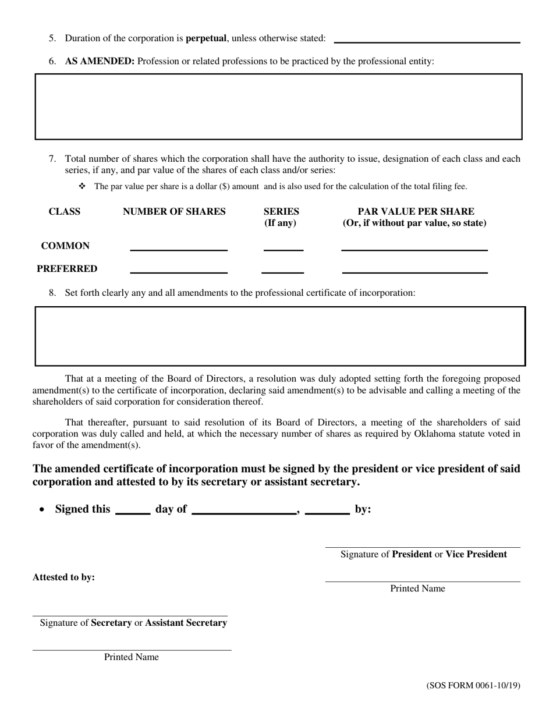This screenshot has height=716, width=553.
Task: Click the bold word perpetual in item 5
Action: tap(205, 38)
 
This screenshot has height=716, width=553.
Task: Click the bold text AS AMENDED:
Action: tap(100, 61)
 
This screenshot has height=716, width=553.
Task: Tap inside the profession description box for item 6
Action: tap(278, 107)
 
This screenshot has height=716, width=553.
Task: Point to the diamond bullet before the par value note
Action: tap(82, 186)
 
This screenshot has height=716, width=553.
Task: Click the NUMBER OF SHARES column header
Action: tap(174, 211)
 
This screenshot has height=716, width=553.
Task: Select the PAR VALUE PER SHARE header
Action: tap(415, 211)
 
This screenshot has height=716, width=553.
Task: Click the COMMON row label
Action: tap(65, 246)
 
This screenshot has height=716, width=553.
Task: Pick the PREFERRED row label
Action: tap(67, 269)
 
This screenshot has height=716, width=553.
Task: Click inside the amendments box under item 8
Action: tap(280, 336)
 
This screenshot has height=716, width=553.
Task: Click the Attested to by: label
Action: tap(63, 577)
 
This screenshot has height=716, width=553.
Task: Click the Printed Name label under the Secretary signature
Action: tap(132, 657)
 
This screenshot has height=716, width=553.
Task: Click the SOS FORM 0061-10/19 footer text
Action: tap(473, 685)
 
